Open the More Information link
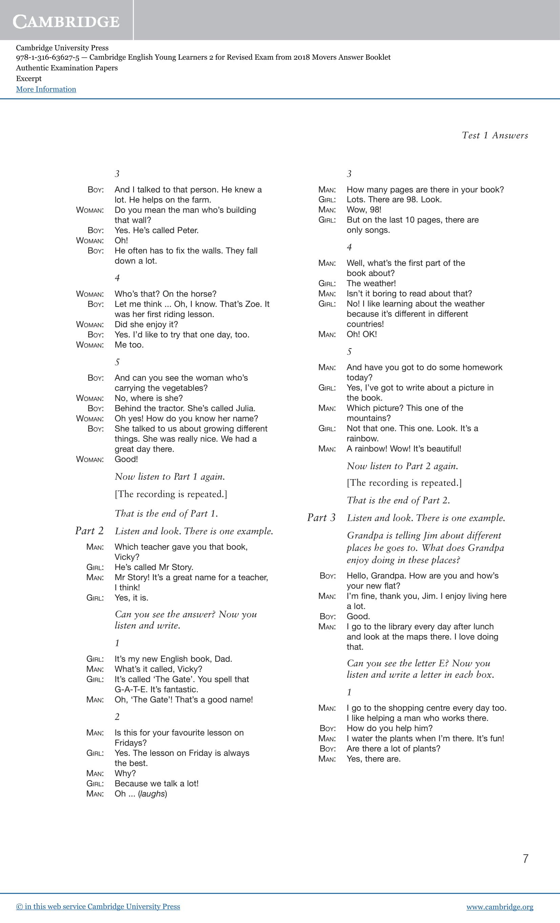click(46, 89)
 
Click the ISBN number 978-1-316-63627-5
click(47, 57)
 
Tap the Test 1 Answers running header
click(495, 135)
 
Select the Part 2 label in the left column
click(89, 531)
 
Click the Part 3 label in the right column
click(321, 518)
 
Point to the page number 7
click(525, 859)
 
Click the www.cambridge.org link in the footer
click(500, 907)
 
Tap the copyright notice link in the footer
click(98, 906)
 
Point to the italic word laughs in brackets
click(152, 794)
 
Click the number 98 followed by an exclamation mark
click(375, 210)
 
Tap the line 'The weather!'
click(371, 283)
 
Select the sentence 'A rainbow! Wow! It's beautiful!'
click(404, 449)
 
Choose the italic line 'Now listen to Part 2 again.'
click(402, 466)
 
